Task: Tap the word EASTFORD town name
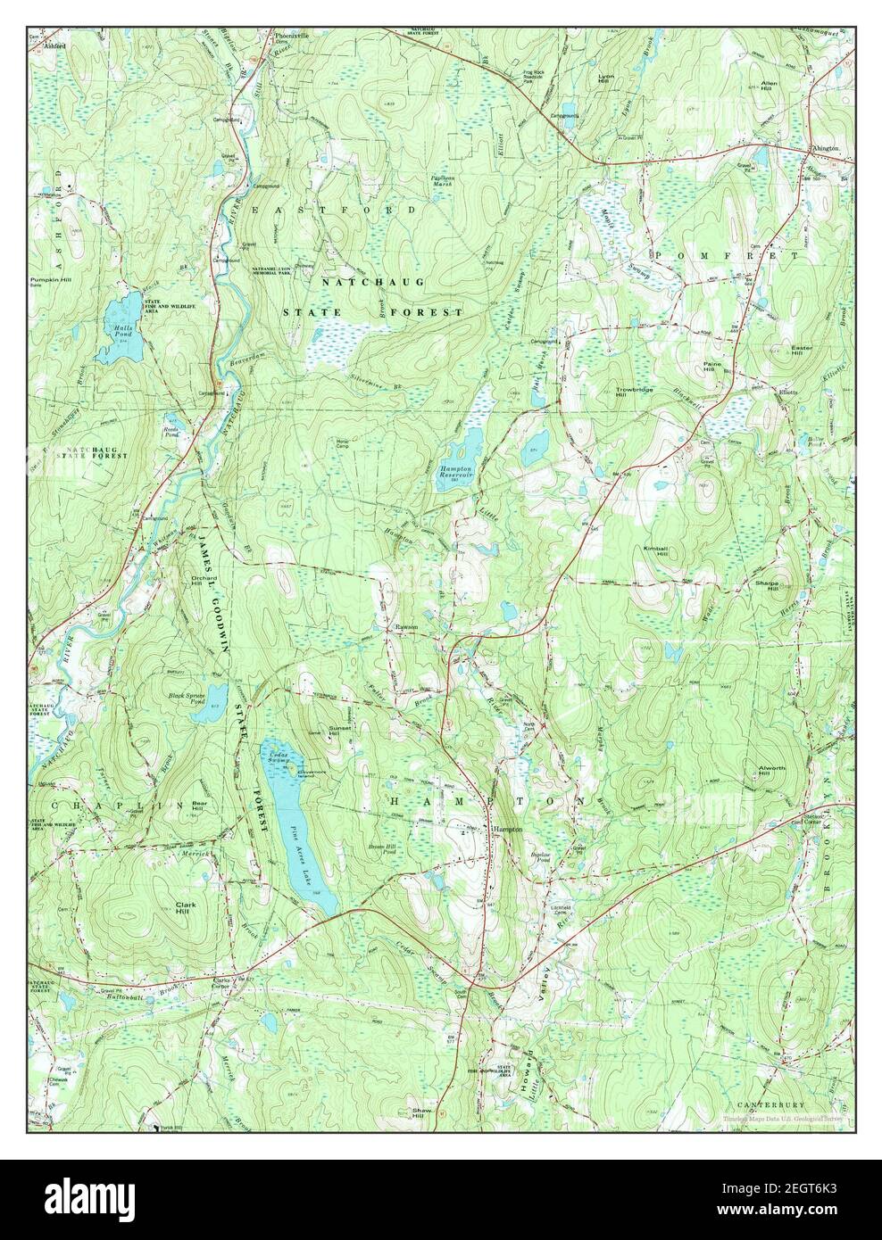point(333,209)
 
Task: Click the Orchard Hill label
point(204,579)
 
